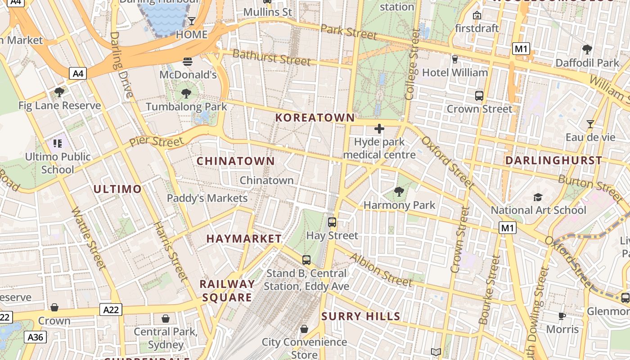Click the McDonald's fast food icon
pyautogui.click(x=188, y=61)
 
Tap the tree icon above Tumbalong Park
pyautogui.click(x=186, y=94)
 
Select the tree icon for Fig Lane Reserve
pyautogui.click(x=59, y=92)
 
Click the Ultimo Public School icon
pyautogui.click(x=57, y=144)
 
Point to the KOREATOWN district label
pyautogui.click(x=315, y=118)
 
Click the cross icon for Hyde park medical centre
pyautogui.click(x=379, y=129)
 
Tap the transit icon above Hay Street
pyautogui.click(x=332, y=222)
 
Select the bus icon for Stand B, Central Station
pyautogui.click(x=306, y=260)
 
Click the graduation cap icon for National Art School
pyautogui.click(x=538, y=197)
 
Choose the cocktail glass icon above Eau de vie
pyautogui.click(x=590, y=124)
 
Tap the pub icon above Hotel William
pyautogui.click(x=454, y=59)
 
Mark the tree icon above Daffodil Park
pyautogui.click(x=587, y=49)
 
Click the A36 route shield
pyautogui.click(x=36, y=337)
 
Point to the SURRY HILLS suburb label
pyautogui.click(x=361, y=316)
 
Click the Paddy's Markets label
pyautogui.click(x=207, y=198)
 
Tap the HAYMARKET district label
pyautogui.click(x=244, y=239)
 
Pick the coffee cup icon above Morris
pyautogui.click(x=562, y=316)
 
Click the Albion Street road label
pyautogui.click(x=381, y=270)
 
